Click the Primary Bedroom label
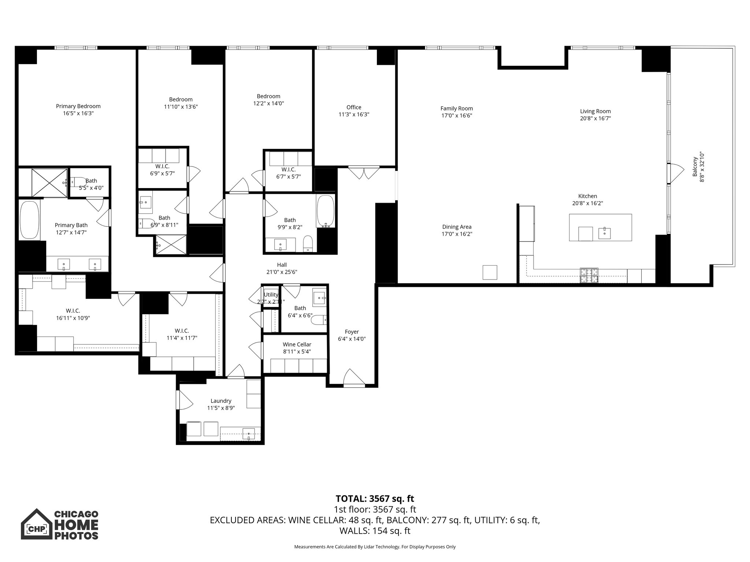click(78, 106)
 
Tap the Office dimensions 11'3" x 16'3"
click(353, 115)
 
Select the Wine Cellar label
click(297, 344)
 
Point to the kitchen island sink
click(605, 232)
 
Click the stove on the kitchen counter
click(589, 276)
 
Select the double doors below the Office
click(364, 172)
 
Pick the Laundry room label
click(221, 401)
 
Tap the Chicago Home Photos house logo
click(36, 524)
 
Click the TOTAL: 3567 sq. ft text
click(375, 498)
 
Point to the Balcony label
click(695, 166)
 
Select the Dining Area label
click(457, 227)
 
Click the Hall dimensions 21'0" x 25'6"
click(282, 272)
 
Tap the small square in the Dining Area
click(490, 272)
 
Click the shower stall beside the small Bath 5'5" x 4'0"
click(49, 183)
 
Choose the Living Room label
click(595, 111)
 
